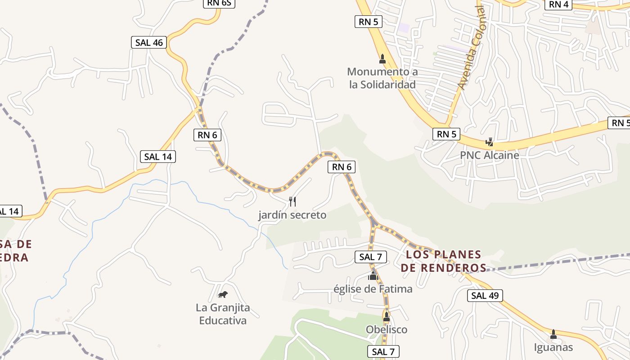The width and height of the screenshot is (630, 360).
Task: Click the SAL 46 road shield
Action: (x=149, y=43)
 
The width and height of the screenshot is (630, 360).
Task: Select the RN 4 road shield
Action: (x=558, y=4)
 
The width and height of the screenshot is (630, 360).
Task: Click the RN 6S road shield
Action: (x=219, y=3)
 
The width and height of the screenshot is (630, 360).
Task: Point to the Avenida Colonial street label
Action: (x=472, y=48)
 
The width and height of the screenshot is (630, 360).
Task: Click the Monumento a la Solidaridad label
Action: (x=382, y=78)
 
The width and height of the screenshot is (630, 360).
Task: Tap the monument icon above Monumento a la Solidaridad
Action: (x=382, y=58)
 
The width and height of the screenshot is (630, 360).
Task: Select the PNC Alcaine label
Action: (x=489, y=155)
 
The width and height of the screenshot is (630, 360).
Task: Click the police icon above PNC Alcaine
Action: (x=489, y=143)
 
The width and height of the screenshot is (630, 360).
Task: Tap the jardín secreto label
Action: (x=292, y=215)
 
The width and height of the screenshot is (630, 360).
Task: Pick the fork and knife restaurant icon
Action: (x=292, y=201)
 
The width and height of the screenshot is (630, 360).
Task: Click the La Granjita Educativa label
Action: (x=223, y=314)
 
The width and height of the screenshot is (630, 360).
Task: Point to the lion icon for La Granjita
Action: (x=223, y=295)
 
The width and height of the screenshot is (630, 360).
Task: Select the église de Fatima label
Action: (x=373, y=289)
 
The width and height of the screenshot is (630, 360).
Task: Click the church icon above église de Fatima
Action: (x=373, y=276)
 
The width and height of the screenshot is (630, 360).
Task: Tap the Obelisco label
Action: (x=386, y=329)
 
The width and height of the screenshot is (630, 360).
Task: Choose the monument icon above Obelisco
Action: (x=386, y=317)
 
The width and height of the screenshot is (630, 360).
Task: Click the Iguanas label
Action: (x=553, y=347)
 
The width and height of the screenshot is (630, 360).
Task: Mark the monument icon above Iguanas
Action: (x=553, y=334)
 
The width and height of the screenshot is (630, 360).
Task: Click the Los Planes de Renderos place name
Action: (x=443, y=261)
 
